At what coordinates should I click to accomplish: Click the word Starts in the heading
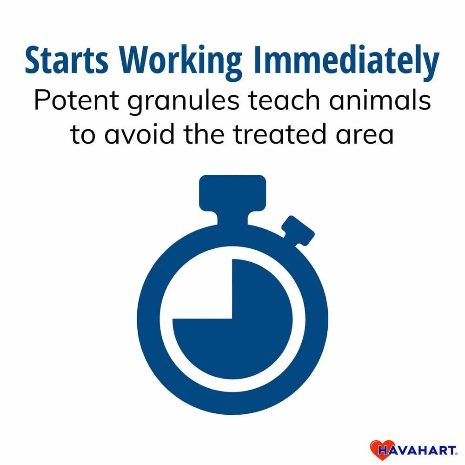tap(66, 60)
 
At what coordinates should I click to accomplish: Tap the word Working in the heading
tap(180, 62)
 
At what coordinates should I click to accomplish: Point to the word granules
tap(183, 102)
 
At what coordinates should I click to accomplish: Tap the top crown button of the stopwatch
tap(232, 193)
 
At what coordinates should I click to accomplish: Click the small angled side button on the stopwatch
tap(298, 231)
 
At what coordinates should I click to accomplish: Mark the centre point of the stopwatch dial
tap(232, 319)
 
